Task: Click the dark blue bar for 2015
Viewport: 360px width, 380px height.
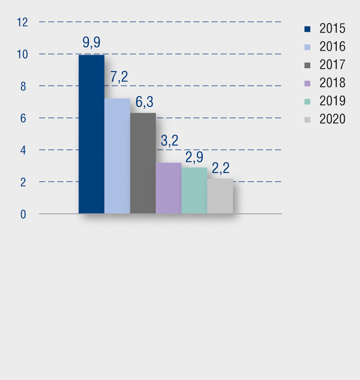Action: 91,134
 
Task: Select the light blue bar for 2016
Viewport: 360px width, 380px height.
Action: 117,156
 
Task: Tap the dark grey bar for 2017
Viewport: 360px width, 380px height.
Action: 143,163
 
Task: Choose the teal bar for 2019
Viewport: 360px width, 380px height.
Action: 195,190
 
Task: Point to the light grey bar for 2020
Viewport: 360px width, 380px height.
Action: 220,196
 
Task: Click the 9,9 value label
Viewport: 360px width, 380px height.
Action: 91,43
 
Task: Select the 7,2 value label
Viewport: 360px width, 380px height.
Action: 119,78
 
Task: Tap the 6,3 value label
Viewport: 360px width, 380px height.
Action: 144,102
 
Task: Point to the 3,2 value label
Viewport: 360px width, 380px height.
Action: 169,141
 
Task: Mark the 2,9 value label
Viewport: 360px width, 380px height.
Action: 194,157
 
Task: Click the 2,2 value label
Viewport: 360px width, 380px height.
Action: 221,169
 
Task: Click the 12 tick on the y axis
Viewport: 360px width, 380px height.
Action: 22,22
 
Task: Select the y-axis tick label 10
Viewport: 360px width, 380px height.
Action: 22,54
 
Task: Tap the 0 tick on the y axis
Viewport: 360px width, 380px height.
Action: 23,214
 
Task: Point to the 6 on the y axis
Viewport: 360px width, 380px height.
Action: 23,118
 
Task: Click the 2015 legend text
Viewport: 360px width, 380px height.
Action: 332,29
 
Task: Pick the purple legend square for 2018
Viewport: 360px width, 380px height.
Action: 307,83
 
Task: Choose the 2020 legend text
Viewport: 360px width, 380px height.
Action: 332,119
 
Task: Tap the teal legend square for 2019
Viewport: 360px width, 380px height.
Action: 307,102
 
